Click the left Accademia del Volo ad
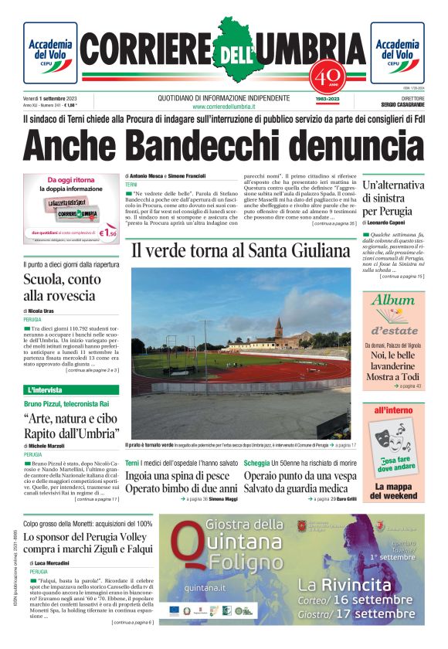point(50,53)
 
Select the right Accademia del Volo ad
point(397,53)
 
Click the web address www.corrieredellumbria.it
point(223,107)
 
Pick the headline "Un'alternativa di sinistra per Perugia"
point(392,198)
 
